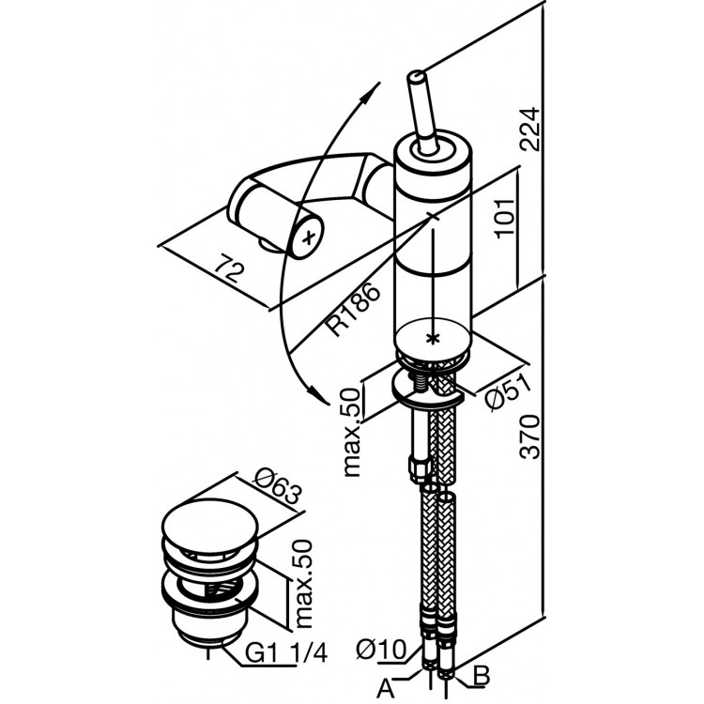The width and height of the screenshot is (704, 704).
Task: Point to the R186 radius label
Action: (x=351, y=312)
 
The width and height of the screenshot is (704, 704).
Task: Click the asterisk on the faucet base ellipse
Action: (x=433, y=336)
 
